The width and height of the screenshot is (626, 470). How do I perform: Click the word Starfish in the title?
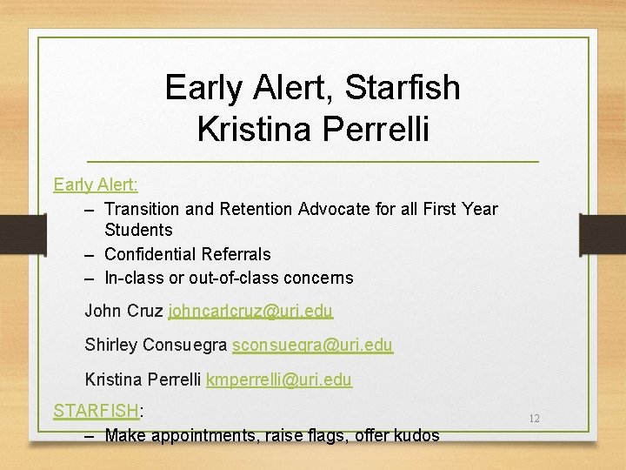pyautogui.click(x=403, y=88)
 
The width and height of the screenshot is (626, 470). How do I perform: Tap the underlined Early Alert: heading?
pyautogui.click(x=96, y=185)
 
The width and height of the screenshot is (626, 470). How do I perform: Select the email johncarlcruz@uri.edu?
pyautogui.click(x=250, y=311)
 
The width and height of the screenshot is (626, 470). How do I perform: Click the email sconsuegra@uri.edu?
pyautogui.click(x=312, y=346)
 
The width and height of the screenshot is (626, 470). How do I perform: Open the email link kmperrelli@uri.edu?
pyautogui.click(x=278, y=379)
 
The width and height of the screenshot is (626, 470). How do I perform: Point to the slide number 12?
pyautogui.click(x=534, y=419)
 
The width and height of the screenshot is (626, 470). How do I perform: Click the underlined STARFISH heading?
pyautogui.click(x=96, y=410)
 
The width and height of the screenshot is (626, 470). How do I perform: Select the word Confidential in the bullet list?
pyautogui.click(x=150, y=254)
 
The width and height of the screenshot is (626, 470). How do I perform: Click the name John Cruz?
pyautogui.click(x=123, y=311)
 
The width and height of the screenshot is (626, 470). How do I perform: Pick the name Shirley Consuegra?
pyautogui.click(x=156, y=346)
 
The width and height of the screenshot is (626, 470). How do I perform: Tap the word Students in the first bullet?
pyautogui.click(x=138, y=231)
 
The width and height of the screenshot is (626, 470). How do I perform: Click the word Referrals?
pyautogui.click(x=236, y=254)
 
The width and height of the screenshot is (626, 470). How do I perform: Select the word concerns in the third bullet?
pyautogui.click(x=323, y=279)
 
